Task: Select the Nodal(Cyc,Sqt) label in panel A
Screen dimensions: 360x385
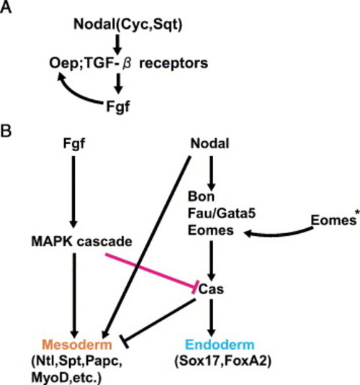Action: click(127, 24)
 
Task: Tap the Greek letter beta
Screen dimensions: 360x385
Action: click(127, 63)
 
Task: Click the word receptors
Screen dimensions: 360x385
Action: click(174, 64)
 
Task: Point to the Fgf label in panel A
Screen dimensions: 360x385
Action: click(117, 107)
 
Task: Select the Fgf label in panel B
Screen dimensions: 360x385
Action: click(74, 143)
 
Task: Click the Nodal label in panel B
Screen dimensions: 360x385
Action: click(210, 143)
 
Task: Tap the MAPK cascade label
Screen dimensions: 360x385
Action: click(82, 242)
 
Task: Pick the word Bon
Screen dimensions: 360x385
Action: click(202, 196)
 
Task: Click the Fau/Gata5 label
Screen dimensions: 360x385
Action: click(222, 213)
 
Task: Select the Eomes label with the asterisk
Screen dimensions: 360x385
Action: click(336, 219)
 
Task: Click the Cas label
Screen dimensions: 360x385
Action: click(211, 289)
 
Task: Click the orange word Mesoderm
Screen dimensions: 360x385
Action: click(77, 344)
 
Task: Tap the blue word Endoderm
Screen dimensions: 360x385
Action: click(220, 344)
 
